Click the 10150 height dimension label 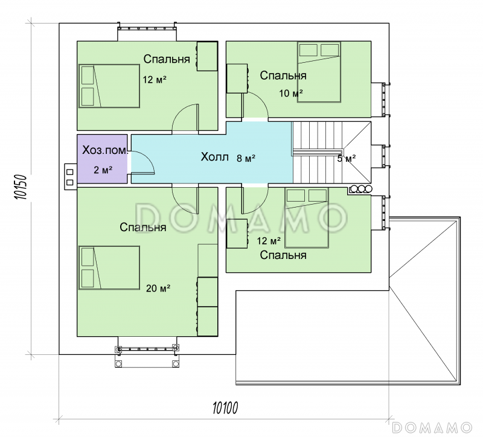click(21, 187)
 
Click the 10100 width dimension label click(225, 408)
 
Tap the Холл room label click(215, 157)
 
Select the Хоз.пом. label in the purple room click(104, 150)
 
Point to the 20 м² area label click(158, 289)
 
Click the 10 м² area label click(291, 93)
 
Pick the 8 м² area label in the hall click(246, 158)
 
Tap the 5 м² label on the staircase click(347, 159)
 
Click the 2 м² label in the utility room click(103, 170)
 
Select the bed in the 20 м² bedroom click(109, 267)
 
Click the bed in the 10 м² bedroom click(319, 72)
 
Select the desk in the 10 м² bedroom click(237, 78)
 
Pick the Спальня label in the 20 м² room click(143, 228)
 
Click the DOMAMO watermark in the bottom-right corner click(432, 427)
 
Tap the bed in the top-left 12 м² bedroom click(109, 86)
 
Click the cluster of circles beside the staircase click(361, 189)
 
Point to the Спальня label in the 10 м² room click(283, 75)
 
